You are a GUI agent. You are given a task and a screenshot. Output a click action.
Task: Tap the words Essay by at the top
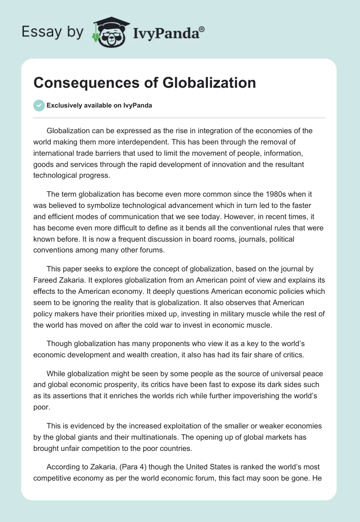(x=52, y=32)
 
